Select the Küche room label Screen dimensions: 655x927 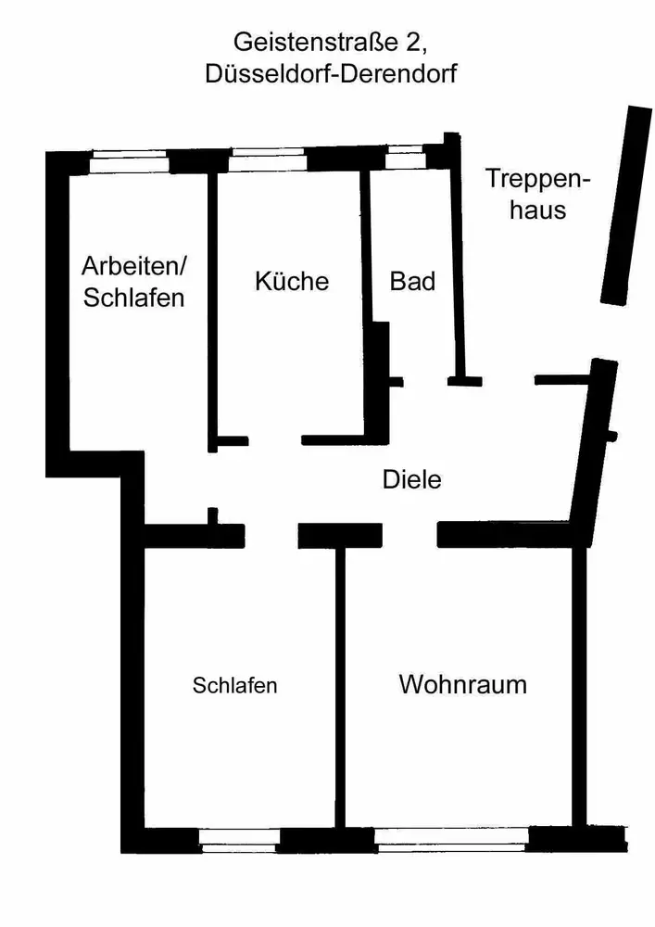click(x=292, y=281)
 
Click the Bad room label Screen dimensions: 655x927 click(x=412, y=281)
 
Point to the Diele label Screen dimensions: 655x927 click(x=411, y=480)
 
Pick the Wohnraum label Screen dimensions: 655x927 click(x=462, y=685)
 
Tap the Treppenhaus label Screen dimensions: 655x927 click(x=539, y=194)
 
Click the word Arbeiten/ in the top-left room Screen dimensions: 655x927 click(x=134, y=267)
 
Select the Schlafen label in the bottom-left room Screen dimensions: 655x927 click(x=235, y=686)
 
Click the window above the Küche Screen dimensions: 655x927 click(x=267, y=160)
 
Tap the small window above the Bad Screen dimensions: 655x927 click(x=405, y=159)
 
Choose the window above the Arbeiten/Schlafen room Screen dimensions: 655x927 click(x=130, y=161)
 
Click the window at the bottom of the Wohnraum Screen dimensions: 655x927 click(x=451, y=841)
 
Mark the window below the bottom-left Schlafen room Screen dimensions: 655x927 click(x=239, y=841)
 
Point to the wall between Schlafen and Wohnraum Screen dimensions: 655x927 click(x=340, y=686)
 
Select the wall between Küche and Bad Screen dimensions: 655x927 click(x=366, y=278)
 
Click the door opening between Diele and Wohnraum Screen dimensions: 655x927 click(x=409, y=536)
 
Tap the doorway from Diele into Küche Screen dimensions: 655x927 click(x=275, y=440)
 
